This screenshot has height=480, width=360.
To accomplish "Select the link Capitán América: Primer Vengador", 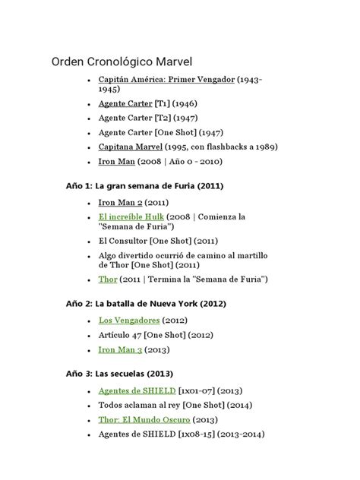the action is [166, 79].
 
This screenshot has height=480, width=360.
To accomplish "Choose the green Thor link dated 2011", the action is [108, 279].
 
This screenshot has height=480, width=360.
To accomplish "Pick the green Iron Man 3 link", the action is [120, 349].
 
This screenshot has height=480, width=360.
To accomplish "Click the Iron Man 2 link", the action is [120, 203].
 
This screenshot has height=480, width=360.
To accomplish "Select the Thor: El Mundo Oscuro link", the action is [144, 419].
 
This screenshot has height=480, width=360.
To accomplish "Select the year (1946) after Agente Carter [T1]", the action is [185, 103].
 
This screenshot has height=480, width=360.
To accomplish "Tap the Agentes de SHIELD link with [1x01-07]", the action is [137, 390].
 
